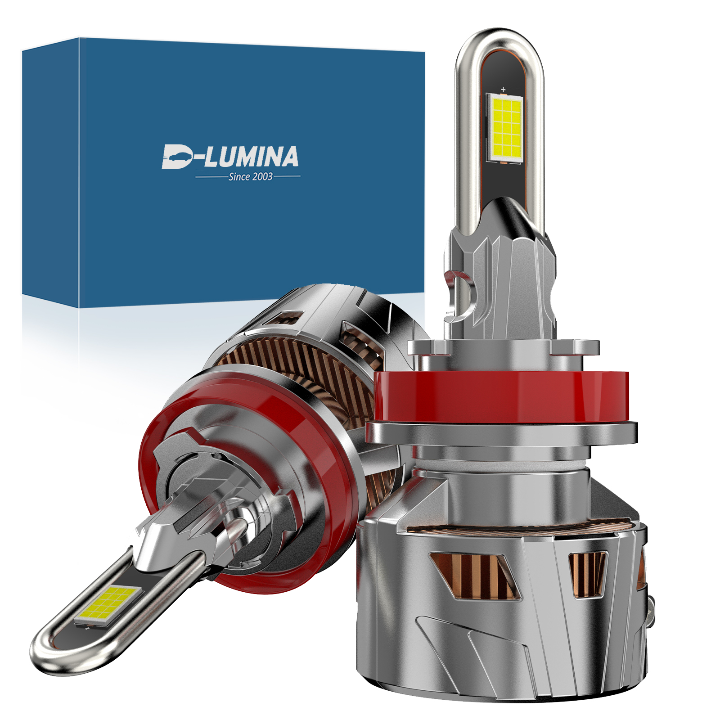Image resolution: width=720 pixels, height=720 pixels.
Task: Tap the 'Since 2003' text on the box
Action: click(x=250, y=177)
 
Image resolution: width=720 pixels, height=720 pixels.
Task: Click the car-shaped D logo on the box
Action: click(x=177, y=157)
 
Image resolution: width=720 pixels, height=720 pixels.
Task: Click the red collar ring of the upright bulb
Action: click(x=499, y=396)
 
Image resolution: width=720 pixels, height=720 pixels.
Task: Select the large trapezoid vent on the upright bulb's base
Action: click(x=472, y=576)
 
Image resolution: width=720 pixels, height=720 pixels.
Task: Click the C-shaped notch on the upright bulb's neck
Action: click(x=461, y=292)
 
